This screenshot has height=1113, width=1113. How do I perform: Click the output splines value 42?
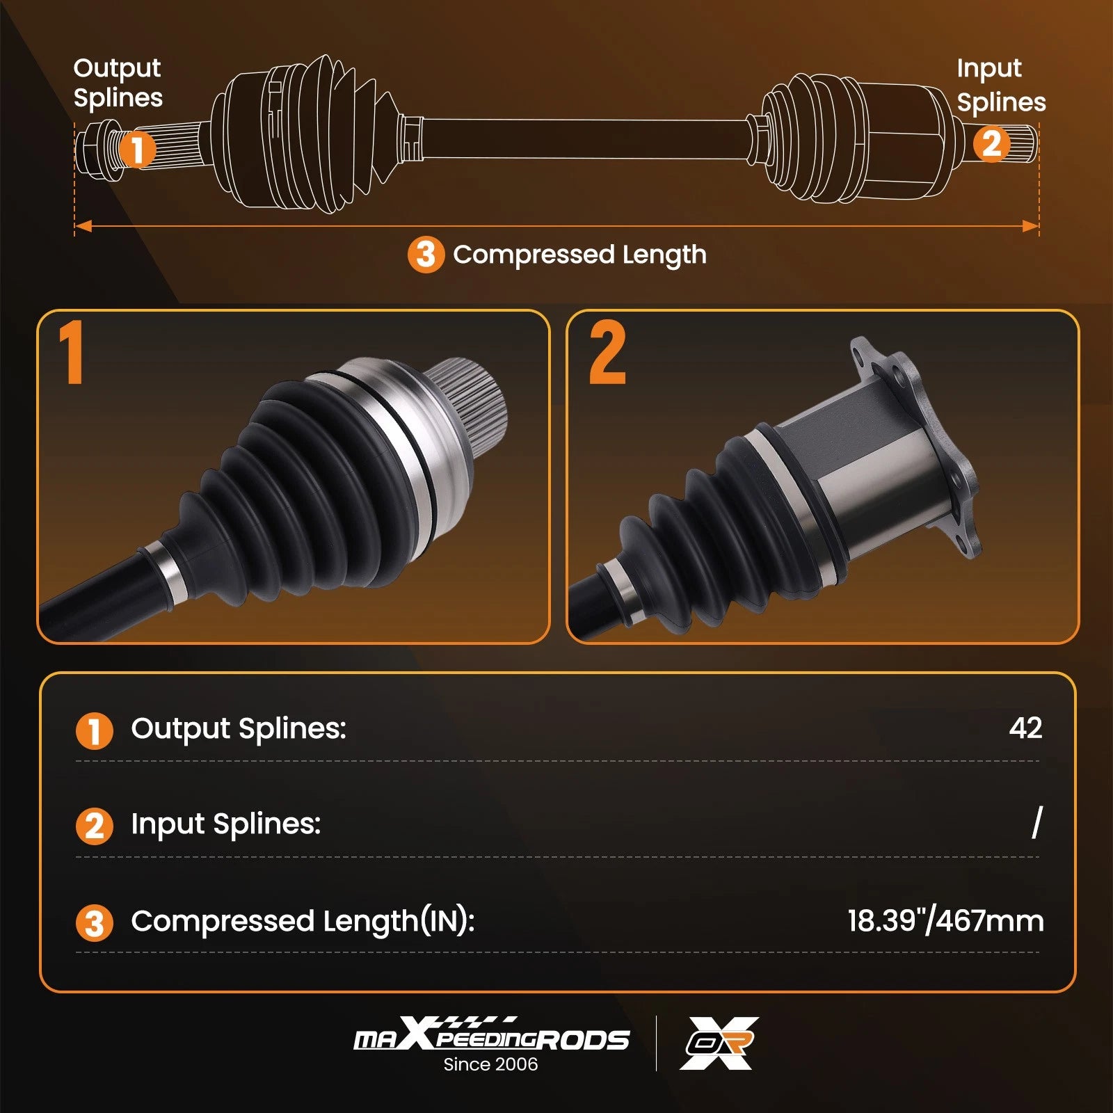1025,728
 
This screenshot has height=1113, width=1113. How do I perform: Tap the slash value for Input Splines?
1037,822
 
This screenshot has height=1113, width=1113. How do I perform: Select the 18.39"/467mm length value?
945,920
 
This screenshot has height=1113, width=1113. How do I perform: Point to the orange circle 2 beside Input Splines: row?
94,826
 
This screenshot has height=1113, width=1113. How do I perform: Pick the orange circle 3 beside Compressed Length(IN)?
94,923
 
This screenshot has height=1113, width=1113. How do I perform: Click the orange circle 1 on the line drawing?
137,149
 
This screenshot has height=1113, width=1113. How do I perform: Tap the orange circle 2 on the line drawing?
991,144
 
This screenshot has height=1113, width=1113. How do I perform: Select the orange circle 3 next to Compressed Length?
426,255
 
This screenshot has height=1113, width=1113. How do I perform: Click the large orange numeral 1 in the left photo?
72,352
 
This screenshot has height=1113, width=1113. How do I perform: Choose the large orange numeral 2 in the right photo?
607,352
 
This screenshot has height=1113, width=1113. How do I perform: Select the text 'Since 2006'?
490,1064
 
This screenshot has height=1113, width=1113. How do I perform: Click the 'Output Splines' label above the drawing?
118,83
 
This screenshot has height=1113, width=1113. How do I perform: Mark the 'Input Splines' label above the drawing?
1001,85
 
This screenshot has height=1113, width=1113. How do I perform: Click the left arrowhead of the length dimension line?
83,226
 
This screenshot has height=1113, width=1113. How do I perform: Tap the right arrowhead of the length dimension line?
1030,226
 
